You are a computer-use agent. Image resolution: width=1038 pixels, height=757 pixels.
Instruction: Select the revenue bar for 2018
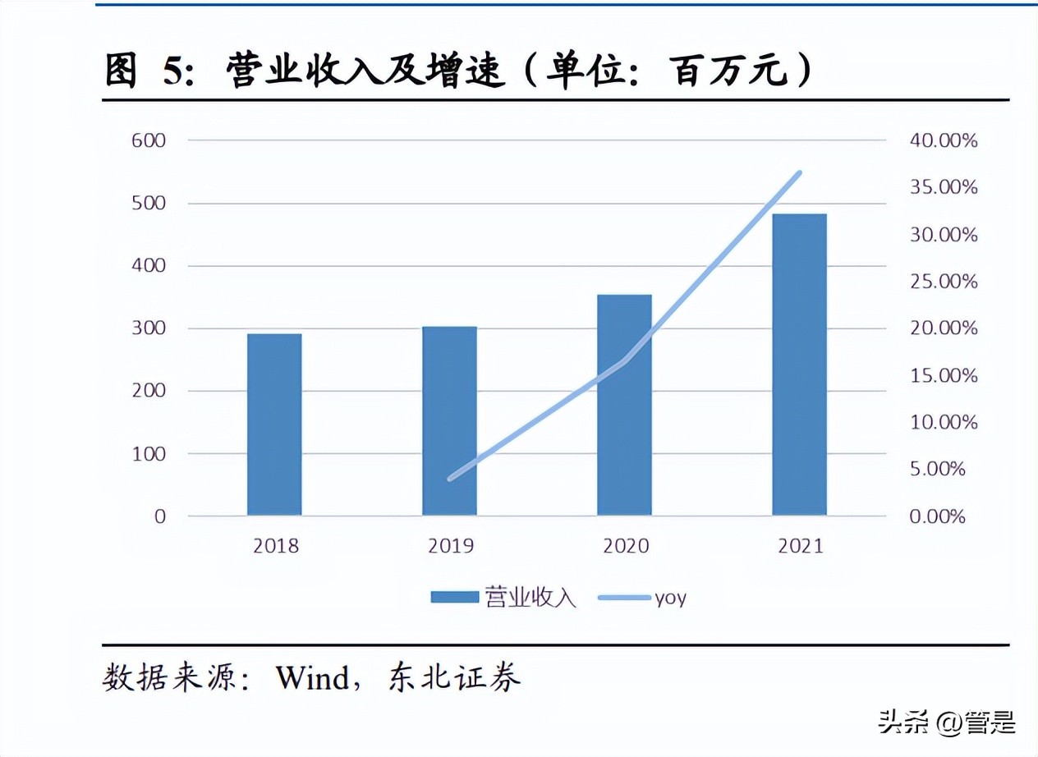[x=274, y=424]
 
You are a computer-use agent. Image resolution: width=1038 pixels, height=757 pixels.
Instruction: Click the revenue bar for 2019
[x=449, y=421]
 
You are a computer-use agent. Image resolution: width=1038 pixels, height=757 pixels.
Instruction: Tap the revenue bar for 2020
[x=624, y=405]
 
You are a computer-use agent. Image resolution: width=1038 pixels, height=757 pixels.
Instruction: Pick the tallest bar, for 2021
[x=799, y=365]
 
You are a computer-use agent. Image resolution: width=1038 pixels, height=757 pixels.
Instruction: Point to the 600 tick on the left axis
[x=149, y=140]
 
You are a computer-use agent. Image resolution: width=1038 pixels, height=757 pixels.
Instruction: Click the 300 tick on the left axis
[x=149, y=328]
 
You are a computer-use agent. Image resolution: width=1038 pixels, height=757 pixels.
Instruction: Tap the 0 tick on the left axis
[x=159, y=516]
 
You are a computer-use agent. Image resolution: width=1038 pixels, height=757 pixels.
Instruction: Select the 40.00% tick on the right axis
[x=944, y=140]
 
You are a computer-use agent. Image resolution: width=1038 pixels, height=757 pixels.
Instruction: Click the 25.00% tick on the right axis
[x=944, y=282]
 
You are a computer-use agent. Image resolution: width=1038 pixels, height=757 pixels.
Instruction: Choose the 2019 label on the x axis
[x=450, y=546]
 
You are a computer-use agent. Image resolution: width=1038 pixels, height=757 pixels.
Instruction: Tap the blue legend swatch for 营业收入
[x=454, y=597]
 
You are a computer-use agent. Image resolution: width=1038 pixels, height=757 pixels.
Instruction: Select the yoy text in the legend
[x=670, y=597]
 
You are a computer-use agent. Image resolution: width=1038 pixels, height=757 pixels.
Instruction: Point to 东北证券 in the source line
[x=453, y=678]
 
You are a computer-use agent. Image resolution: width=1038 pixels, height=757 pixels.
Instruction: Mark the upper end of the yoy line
[x=799, y=173]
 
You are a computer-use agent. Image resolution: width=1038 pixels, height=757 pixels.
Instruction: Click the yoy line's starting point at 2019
[x=450, y=478]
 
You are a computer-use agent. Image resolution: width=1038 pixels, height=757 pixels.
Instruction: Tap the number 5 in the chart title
[x=173, y=72]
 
